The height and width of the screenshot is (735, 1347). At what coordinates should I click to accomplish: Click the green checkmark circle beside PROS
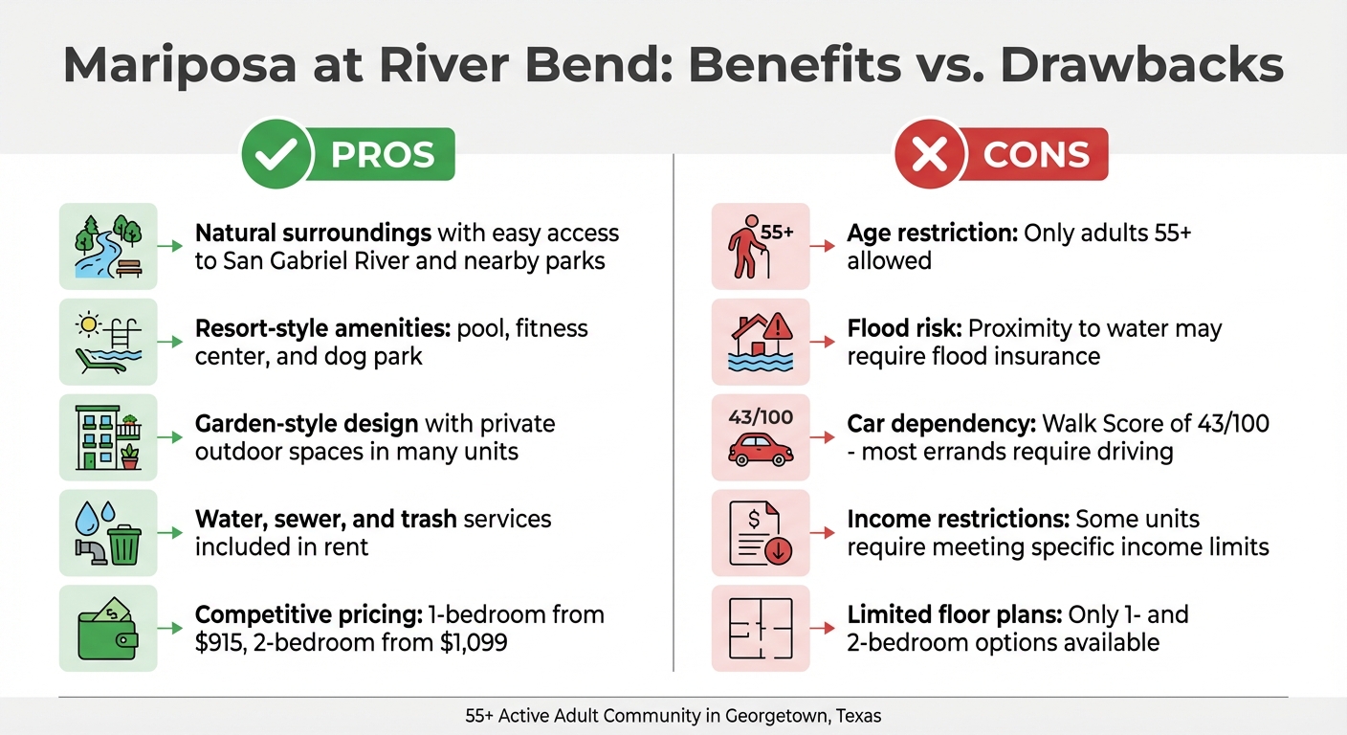point(277,154)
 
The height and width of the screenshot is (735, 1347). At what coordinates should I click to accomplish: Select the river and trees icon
point(107,246)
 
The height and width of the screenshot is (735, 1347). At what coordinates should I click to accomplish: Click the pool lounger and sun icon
point(107,342)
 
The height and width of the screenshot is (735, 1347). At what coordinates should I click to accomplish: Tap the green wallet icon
point(107,629)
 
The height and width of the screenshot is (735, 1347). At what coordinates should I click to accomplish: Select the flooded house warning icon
point(761,342)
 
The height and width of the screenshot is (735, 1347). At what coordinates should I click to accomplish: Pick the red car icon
point(761,449)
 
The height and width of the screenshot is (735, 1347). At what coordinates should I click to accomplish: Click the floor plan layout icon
point(761,629)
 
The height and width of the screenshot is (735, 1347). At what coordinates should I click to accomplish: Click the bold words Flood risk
point(904,329)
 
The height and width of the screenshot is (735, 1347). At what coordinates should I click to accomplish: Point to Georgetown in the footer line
point(778,715)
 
